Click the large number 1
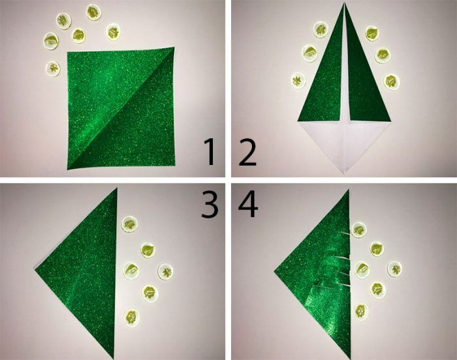tap(210, 152)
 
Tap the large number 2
tap(247, 153)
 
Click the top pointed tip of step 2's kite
tap(344, 3)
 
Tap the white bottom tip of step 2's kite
tap(344, 174)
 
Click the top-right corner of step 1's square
tap(174, 47)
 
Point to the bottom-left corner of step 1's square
tap(68, 169)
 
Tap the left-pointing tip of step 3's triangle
tap(35, 271)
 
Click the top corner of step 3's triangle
tap(117, 188)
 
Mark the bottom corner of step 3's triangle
tap(113, 358)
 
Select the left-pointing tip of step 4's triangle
tap(275, 272)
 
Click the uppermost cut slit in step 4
tap(343, 233)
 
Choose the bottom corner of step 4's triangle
tap(349, 358)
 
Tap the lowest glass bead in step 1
tap(53, 68)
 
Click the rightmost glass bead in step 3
tap(165, 272)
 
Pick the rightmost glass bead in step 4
tap(394, 269)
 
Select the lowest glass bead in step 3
tap(131, 317)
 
